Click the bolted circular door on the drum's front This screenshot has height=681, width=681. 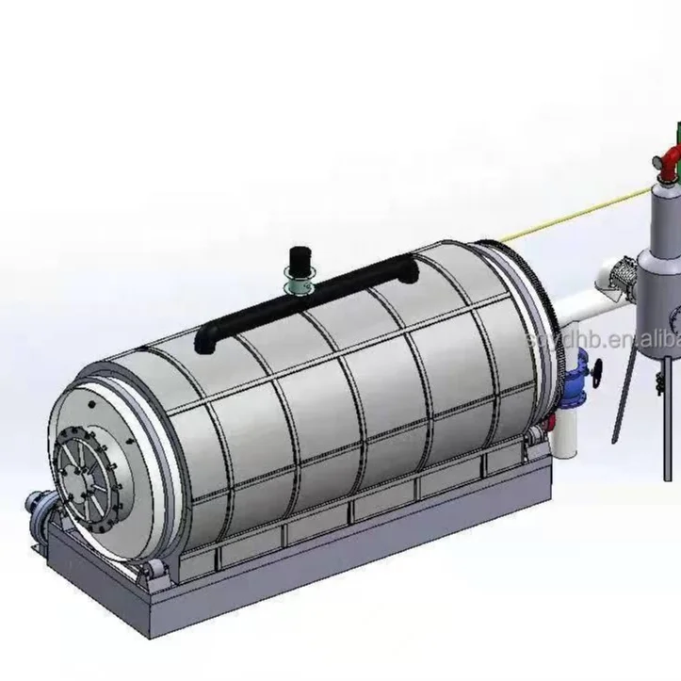coord(89,472)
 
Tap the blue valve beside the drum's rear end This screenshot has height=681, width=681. coord(577,373)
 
